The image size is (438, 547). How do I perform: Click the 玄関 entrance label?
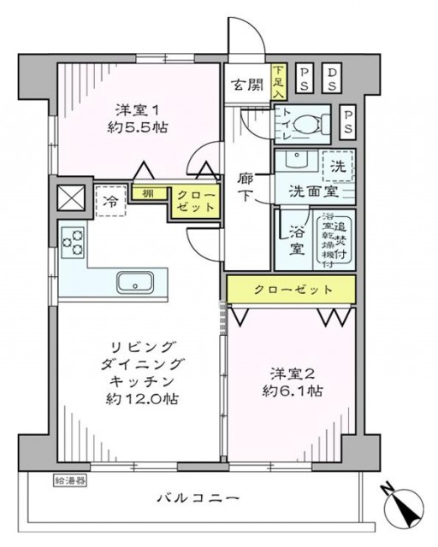[x=246, y=85]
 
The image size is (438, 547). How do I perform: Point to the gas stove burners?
[x=73, y=242]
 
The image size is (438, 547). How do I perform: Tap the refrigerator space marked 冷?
[x=111, y=202]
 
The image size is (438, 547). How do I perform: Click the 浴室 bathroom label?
[x=297, y=240]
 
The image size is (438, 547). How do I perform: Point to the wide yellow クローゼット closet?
[x=291, y=290]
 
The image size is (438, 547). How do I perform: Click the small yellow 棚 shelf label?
[x=149, y=192]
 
